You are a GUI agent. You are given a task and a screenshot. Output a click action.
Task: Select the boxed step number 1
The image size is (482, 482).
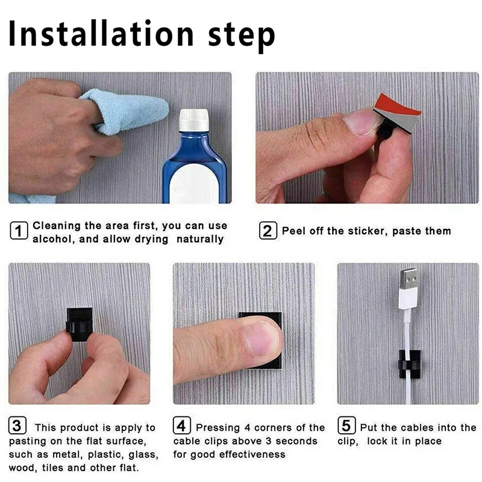coord(19,231)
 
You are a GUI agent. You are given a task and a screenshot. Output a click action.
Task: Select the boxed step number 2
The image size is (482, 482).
coord(268,231)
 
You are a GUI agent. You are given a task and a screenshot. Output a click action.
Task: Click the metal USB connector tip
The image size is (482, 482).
coord(407,289)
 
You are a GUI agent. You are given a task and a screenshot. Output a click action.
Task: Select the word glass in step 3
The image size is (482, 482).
coord(140,454)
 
